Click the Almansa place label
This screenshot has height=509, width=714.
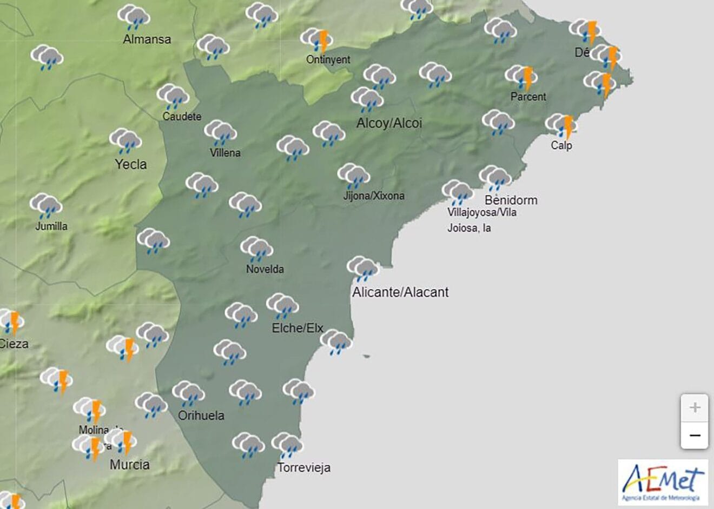(x=147, y=39)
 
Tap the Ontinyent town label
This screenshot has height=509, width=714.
(x=328, y=59)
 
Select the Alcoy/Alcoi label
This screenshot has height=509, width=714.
(x=389, y=123)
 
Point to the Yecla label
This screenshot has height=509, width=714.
(x=130, y=164)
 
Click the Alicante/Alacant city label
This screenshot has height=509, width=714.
(x=400, y=292)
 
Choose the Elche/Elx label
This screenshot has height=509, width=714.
(x=297, y=328)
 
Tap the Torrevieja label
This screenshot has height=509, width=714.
(x=304, y=468)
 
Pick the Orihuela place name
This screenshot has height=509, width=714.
(x=201, y=416)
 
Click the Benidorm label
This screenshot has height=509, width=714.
(x=511, y=200)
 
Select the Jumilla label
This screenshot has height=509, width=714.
(x=51, y=226)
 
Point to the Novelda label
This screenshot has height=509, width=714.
(x=265, y=269)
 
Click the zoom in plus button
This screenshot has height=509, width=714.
(x=695, y=407)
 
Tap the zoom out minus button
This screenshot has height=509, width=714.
(x=695, y=435)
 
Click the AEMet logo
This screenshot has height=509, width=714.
(x=663, y=482)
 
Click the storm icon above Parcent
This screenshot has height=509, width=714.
(x=521, y=77)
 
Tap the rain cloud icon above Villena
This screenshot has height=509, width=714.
(x=220, y=132)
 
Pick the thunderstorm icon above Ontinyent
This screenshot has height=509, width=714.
(x=317, y=39)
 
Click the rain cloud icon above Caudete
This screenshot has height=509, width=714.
(x=173, y=97)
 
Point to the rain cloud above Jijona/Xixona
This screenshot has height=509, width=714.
(x=353, y=176)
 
